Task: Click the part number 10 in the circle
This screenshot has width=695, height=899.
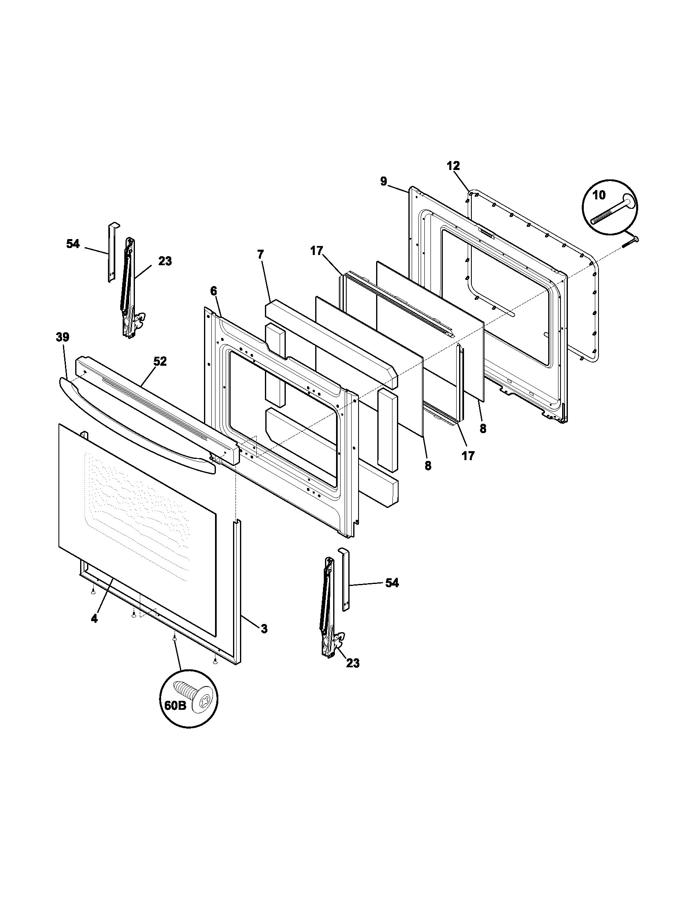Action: [x=599, y=195]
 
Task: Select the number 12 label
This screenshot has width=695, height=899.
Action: [x=453, y=166]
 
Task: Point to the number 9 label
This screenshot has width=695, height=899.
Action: [x=383, y=181]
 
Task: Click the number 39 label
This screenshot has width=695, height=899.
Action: [x=63, y=337]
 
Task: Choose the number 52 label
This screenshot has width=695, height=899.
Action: [x=160, y=361]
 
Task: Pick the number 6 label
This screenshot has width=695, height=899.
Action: [x=213, y=291]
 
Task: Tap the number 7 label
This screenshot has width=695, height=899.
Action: [x=260, y=255]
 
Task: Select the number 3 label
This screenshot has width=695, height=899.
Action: [x=264, y=628]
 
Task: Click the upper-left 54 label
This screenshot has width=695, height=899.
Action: [x=73, y=244]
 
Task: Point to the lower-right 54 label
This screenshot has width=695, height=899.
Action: [x=392, y=583]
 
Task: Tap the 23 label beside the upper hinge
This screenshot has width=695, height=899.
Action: [x=165, y=261]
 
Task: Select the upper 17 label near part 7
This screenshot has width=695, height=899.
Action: [x=316, y=250]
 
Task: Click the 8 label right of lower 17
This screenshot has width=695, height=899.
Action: [x=482, y=429]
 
